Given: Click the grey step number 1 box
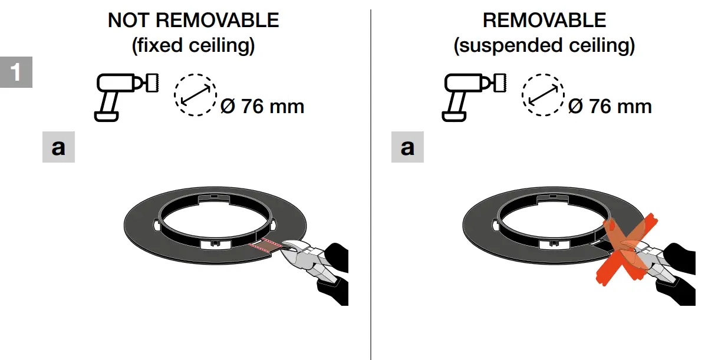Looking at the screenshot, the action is [x=16, y=72].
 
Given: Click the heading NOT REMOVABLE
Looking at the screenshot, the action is [x=193, y=21].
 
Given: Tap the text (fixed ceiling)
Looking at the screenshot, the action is [x=193, y=45].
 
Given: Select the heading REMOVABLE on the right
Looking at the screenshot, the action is [x=544, y=21].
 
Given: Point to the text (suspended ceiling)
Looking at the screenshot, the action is [x=544, y=45].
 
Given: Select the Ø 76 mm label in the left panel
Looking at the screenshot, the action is [x=262, y=107].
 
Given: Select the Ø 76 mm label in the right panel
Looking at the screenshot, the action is [x=610, y=107].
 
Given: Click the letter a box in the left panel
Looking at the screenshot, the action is [x=58, y=147].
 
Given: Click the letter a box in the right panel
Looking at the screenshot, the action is [x=407, y=147].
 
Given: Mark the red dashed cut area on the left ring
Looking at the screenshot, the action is [x=263, y=246].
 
